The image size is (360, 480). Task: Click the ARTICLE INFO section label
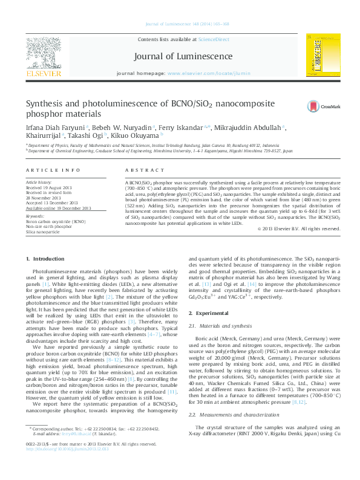pyautogui.click(x=53, y=171)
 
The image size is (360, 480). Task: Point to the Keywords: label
pyautogui.click(x=35, y=216)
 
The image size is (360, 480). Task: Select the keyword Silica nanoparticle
pyautogui.click(x=43, y=232)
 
